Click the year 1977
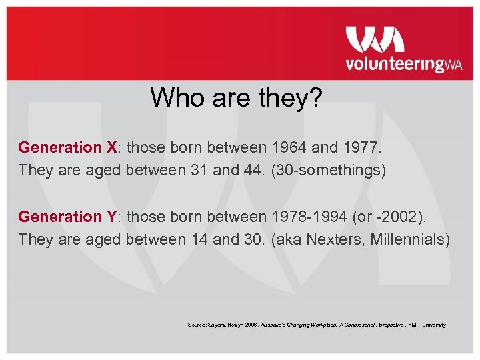tap(363, 147)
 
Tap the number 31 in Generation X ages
tap(198, 169)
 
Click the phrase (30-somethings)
tap(329, 169)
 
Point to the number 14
tap(198, 239)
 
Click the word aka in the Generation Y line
tap(288, 239)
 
